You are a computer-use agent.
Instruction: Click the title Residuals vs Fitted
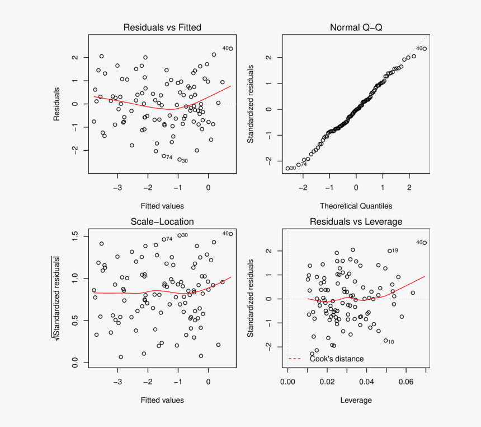162,27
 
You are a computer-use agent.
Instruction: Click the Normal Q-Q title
356,27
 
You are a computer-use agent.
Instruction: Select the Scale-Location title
162,222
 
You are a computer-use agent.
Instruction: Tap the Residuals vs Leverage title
356,222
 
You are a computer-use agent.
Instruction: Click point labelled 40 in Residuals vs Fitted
230,49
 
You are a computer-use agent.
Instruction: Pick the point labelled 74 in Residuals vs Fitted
164,156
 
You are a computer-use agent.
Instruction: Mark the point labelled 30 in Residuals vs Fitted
180,160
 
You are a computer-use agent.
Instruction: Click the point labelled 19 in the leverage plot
390,251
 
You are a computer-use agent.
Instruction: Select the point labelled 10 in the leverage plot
385,341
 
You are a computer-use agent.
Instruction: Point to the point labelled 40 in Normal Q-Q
425,49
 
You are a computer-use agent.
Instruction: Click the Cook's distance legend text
337,359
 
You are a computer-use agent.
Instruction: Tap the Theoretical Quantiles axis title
356,206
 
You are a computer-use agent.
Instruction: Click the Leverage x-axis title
356,400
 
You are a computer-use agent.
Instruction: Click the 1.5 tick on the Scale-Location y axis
76,234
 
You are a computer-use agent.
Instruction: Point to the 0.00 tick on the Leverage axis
287,382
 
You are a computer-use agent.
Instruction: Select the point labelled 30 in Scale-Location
180,235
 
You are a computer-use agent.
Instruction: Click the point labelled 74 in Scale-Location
164,239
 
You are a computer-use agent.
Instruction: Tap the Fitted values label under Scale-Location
162,400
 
